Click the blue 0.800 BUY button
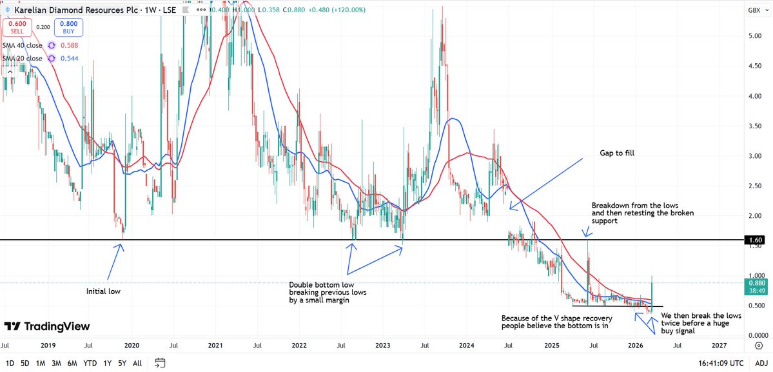point(68,27)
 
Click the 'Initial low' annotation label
point(103,291)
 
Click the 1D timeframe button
point(10,363)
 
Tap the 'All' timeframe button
point(137,363)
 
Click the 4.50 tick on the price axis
point(755,66)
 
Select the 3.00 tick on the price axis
point(755,156)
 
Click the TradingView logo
point(47,327)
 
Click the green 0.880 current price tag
point(756,282)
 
